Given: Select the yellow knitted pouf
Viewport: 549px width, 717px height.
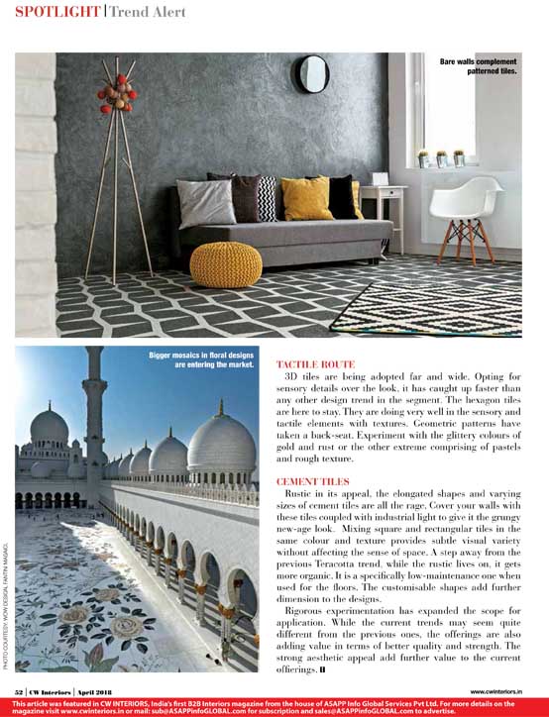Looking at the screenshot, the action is click(226, 262).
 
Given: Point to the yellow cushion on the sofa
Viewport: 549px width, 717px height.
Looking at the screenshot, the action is click(306, 198).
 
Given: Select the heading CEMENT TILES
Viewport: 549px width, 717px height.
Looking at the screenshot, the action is click(311, 480).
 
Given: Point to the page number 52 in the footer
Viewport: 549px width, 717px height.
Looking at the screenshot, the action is click(19, 690).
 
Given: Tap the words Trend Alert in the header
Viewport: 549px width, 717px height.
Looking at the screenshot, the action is click(148, 12).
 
